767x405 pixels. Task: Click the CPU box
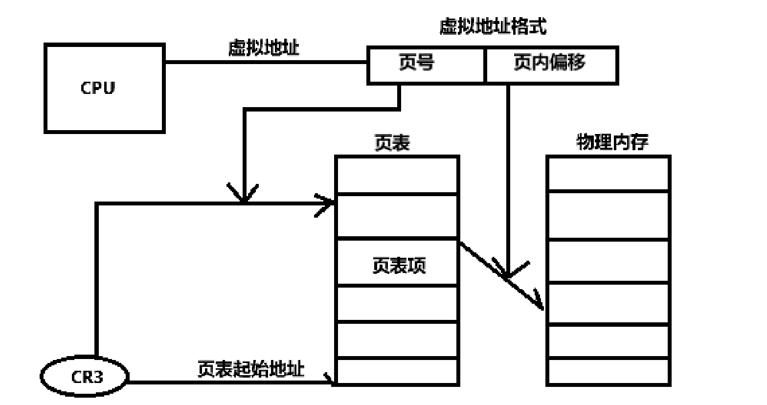pos(104,88)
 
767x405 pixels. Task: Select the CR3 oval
pos(84,377)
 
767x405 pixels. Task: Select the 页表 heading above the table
pos(392,143)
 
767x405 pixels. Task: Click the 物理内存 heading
pos(612,142)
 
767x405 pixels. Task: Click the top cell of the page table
pos(397,175)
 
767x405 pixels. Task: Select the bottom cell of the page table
pos(397,372)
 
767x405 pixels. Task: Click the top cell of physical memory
pos(608,174)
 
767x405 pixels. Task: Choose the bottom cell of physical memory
pos(608,372)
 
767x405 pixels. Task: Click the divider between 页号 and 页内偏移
pos(485,65)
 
